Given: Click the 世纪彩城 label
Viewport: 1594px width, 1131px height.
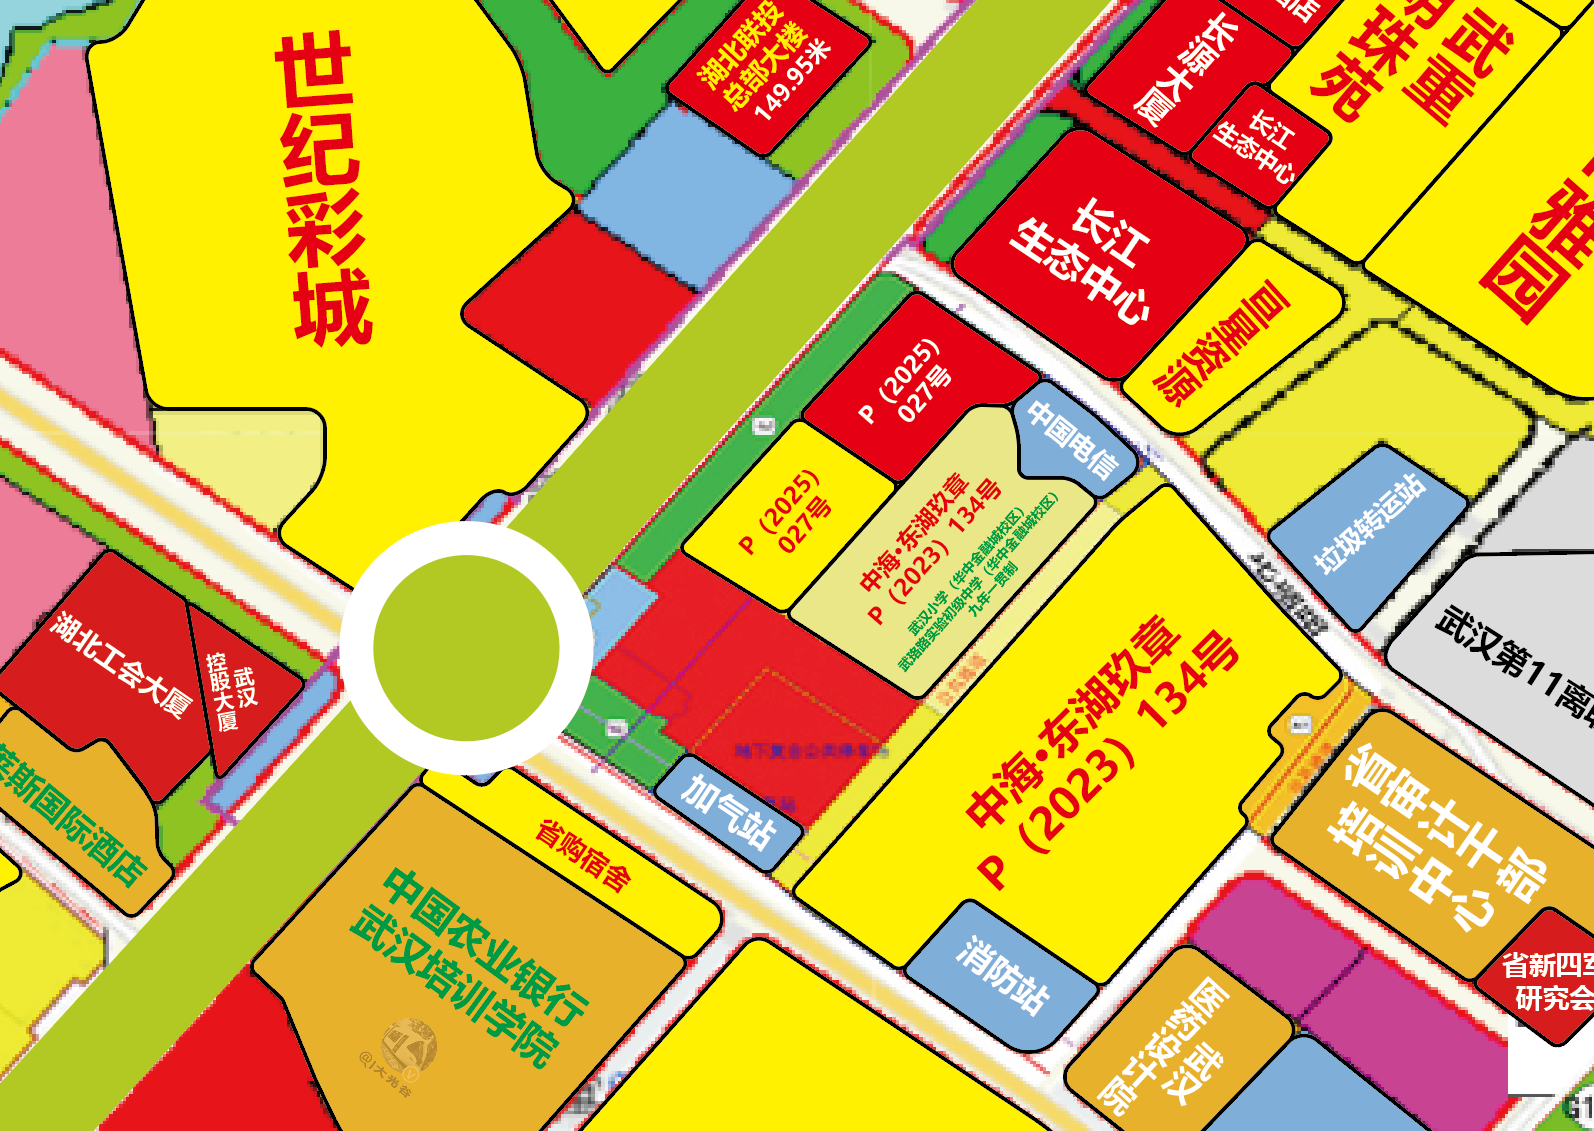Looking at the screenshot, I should click(322, 189).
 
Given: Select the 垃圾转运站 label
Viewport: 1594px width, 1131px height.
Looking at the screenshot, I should click(1369, 524).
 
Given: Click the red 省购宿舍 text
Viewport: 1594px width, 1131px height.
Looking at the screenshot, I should click(583, 855).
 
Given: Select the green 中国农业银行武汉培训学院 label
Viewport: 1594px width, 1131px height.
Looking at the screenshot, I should click(468, 966).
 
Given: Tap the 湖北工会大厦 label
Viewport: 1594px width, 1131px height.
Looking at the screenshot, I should click(120, 664).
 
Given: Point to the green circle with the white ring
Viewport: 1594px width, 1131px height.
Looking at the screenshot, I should click(466, 648).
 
